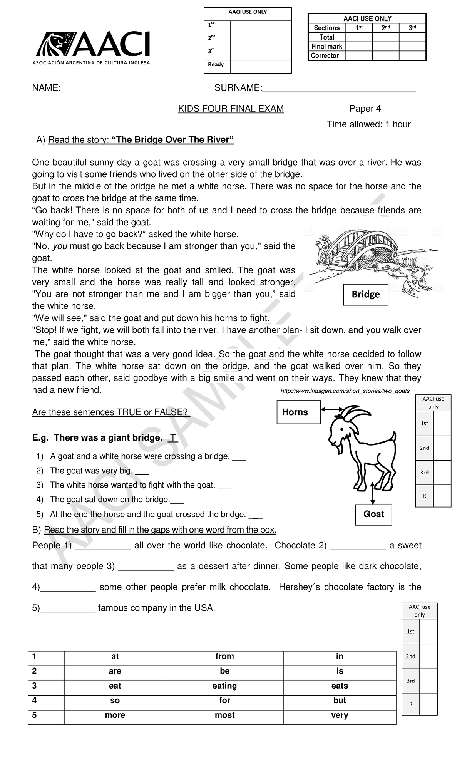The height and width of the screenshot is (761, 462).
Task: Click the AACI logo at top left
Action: [x=93, y=48]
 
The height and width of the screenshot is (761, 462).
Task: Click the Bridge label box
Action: [x=365, y=295]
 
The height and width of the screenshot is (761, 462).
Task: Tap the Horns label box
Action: [x=298, y=412]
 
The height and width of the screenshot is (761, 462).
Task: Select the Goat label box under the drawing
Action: [x=373, y=514]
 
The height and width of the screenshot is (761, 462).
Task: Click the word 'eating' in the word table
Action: [x=224, y=686]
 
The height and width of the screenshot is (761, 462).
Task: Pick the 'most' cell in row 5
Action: [x=224, y=715]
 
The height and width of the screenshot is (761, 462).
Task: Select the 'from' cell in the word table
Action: [x=224, y=656]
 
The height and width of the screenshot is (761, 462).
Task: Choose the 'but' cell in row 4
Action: [x=340, y=701]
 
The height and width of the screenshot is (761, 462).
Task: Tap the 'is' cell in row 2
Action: [x=340, y=671]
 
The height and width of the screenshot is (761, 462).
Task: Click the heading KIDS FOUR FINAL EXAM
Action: [x=231, y=109]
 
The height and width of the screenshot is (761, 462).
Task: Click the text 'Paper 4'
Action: [x=365, y=109]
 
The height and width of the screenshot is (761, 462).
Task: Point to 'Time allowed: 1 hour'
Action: [x=368, y=124]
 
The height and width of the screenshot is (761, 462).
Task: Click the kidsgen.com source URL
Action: [x=345, y=391]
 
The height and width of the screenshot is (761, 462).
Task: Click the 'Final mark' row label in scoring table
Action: [x=326, y=47]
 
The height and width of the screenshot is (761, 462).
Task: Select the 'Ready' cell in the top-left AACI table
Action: [x=217, y=65]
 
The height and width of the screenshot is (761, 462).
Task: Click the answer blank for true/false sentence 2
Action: [x=142, y=472]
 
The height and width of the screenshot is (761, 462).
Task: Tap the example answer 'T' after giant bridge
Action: [x=173, y=438]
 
